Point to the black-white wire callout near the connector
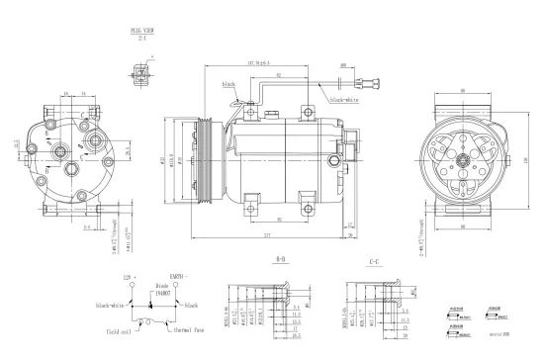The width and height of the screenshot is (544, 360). coord(344,100)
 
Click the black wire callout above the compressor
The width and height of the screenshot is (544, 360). coord(229,86)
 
